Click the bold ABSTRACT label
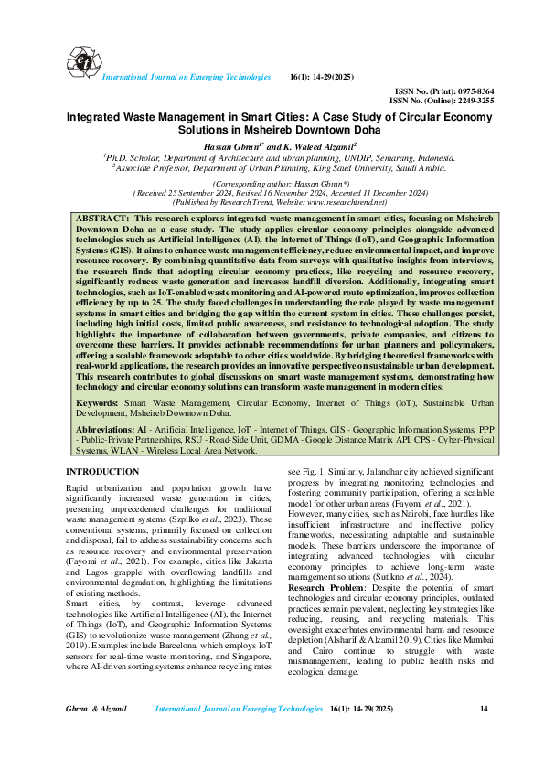[101, 219]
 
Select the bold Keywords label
[95, 402]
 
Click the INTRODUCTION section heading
[102, 471]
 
